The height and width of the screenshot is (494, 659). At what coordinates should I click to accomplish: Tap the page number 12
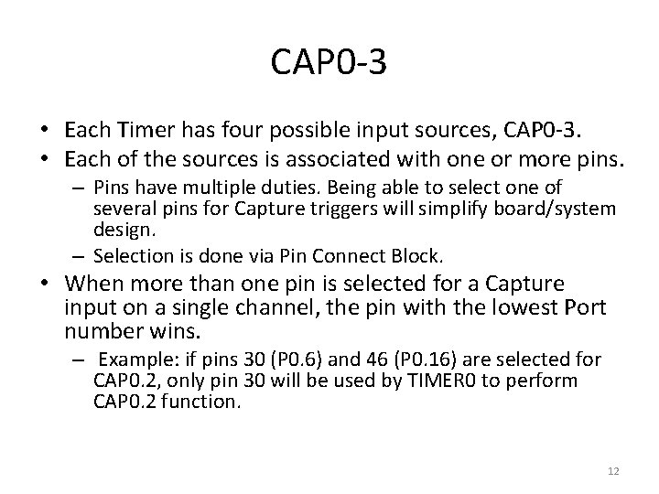613,471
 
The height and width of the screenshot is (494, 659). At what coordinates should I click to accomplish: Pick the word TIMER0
410,379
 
